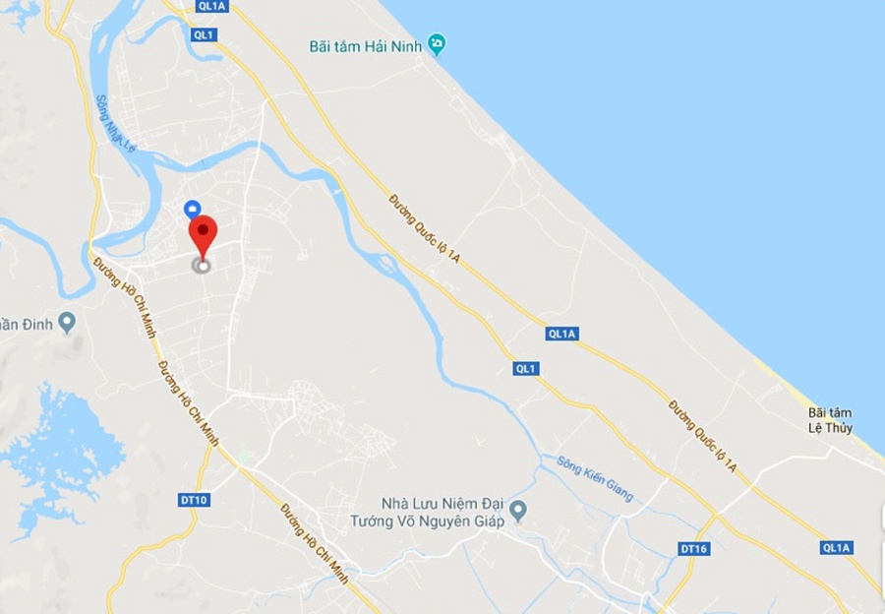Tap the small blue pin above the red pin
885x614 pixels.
tap(193, 209)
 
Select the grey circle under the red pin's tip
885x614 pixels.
tap(203, 265)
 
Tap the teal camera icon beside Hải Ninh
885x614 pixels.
tap(437, 44)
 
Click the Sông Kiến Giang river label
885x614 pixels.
tap(595, 478)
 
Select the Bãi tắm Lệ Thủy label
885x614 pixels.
tap(830, 420)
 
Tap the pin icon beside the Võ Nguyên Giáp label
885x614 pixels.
tap(520, 511)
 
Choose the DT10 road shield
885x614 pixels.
tap(195, 500)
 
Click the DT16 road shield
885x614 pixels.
tap(693, 548)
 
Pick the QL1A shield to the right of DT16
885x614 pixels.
tap(837, 548)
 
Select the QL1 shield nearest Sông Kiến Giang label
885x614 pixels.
tap(526, 368)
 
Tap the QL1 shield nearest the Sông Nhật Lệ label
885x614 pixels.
tap(203, 34)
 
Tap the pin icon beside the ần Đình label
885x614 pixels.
tap(67, 322)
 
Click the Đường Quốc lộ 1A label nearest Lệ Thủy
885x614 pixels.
tap(702, 433)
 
